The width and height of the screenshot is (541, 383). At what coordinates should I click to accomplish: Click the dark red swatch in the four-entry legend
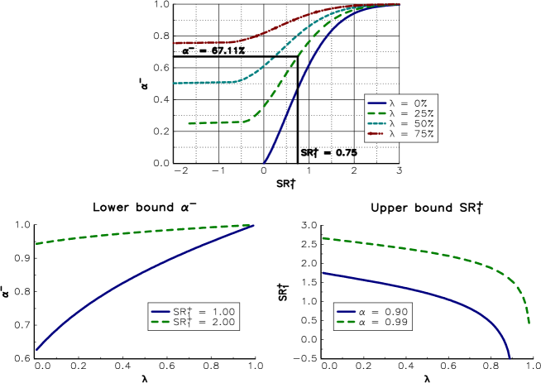(x=376, y=133)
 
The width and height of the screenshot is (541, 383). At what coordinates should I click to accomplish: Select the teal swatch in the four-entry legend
(x=376, y=123)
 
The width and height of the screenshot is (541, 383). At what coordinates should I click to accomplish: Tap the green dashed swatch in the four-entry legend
(x=376, y=113)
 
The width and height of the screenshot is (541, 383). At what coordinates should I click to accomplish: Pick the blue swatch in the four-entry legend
(x=376, y=103)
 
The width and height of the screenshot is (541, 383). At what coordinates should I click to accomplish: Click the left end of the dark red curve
(x=174, y=43)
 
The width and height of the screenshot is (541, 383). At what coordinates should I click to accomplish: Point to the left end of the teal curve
(x=174, y=83)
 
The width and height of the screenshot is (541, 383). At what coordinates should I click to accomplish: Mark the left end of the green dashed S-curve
(x=189, y=123)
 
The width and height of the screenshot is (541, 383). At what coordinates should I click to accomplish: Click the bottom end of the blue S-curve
(x=264, y=163)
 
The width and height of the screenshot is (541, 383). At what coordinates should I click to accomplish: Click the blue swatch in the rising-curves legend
(x=160, y=312)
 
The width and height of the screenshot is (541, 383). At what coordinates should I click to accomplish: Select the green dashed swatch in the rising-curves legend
(x=160, y=322)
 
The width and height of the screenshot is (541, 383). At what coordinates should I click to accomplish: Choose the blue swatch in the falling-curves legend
(x=346, y=312)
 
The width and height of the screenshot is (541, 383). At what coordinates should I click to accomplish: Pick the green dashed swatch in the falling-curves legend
(x=346, y=322)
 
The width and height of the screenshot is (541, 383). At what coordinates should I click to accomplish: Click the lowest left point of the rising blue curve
(x=37, y=349)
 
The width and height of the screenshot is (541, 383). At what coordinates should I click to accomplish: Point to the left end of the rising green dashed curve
(x=37, y=243)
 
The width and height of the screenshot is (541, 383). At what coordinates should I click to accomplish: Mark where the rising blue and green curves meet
(x=252, y=225)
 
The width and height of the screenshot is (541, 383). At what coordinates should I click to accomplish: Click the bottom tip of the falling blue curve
(x=510, y=357)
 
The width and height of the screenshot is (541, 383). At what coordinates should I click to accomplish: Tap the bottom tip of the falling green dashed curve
(x=529, y=323)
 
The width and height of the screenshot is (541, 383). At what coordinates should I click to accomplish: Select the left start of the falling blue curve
(x=323, y=272)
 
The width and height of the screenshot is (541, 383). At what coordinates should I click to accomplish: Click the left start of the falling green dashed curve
(x=323, y=238)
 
